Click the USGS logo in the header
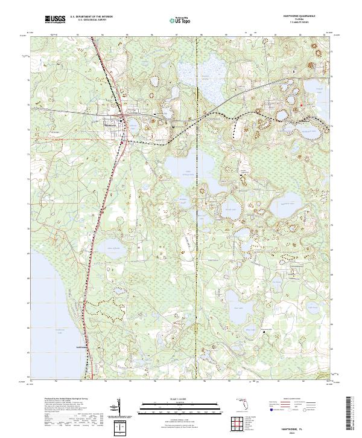[56, 20]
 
